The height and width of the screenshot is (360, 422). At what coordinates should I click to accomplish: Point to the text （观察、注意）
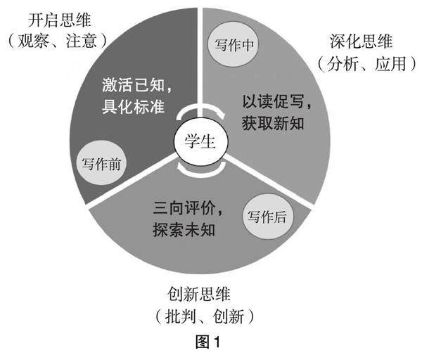coord(59,41)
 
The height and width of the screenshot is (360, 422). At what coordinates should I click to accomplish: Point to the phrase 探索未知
coord(182,229)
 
